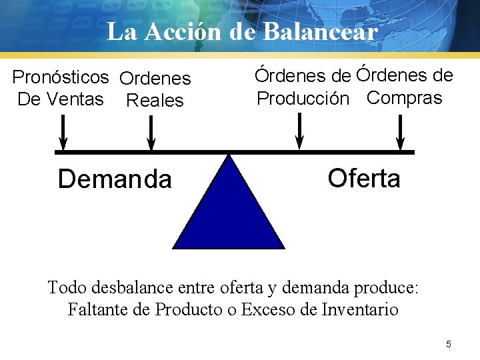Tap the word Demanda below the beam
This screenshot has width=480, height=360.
115,179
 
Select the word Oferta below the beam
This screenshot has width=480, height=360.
364,178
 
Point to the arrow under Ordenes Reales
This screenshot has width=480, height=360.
151,132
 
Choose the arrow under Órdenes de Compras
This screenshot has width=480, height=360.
400,132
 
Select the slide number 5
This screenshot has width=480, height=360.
449,344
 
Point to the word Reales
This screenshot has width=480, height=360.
155,101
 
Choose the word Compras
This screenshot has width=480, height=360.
405,98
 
